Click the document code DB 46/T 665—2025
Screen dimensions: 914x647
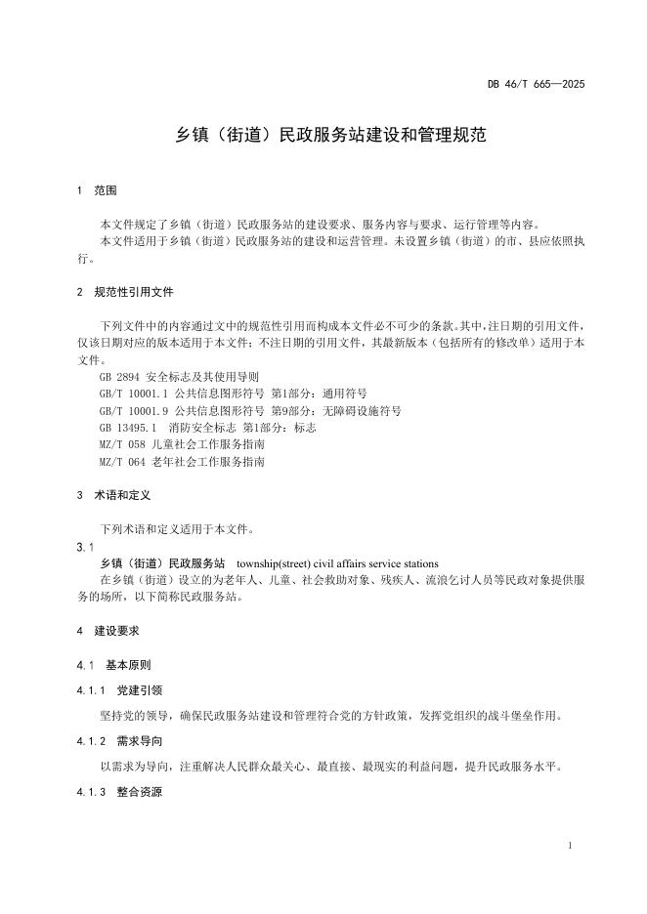point(536,85)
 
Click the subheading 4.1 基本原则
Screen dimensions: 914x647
point(113,665)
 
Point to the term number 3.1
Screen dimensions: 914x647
point(84,546)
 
